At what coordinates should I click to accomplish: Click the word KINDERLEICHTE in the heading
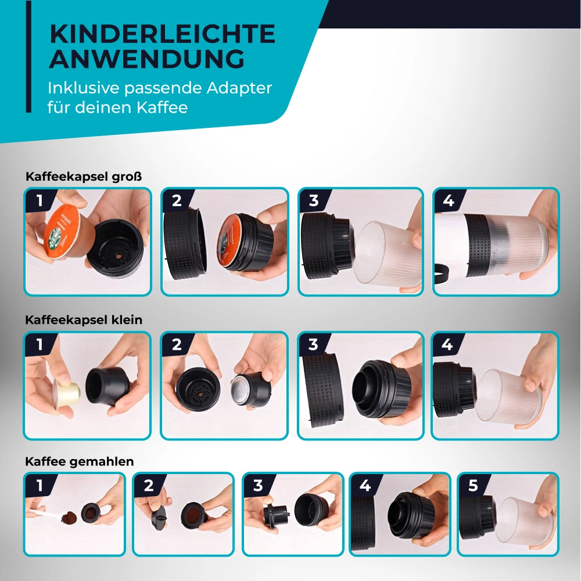[x=162, y=34]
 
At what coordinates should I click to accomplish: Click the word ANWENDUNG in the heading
[x=147, y=59]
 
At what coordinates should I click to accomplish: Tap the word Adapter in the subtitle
[x=239, y=88]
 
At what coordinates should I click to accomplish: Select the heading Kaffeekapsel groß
[x=84, y=177]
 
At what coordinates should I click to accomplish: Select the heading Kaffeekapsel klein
[x=84, y=320]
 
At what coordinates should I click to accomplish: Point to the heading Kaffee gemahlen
[x=79, y=462]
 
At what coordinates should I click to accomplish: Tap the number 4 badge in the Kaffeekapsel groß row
[x=449, y=201]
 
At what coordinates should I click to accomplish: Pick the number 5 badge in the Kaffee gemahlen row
[x=473, y=485]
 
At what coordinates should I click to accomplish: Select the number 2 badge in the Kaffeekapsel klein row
[x=177, y=345]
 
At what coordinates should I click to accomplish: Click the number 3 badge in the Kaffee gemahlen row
[x=258, y=485]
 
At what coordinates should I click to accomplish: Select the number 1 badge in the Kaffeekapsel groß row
[x=40, y=201]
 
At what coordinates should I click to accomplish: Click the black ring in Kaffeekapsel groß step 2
[x=185, y=244]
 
